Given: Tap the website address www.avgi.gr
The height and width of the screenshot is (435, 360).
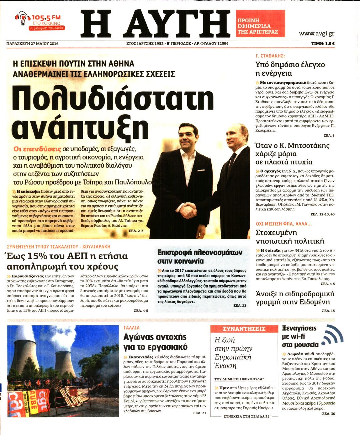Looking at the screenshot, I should tap(316, 34).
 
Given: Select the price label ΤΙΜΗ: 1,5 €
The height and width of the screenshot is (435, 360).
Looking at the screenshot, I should tap(323, 44).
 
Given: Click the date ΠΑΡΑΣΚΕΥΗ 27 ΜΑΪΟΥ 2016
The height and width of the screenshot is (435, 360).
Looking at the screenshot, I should tap(32, 44).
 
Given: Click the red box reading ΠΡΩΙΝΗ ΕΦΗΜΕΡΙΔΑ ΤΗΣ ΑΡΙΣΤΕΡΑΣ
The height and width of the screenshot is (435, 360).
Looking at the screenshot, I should tap(260, 24).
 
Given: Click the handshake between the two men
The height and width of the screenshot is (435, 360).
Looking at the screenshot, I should tap(189, 210).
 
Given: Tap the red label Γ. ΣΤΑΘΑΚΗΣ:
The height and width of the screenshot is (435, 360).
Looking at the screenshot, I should tap(270, 56).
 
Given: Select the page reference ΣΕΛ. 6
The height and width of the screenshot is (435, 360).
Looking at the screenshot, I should tap(329, 136).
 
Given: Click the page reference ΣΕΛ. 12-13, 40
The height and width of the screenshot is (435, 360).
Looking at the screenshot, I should tap(322, 214).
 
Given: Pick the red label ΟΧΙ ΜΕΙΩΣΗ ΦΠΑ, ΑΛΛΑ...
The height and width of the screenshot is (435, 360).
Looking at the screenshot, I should tap(283, 224).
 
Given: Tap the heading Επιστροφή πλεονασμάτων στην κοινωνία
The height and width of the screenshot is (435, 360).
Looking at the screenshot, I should tap(199, 257).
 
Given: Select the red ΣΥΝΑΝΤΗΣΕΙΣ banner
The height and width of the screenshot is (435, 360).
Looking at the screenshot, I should tap(244, 329).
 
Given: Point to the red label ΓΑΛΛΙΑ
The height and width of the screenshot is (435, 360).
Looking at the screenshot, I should tap(132, 328).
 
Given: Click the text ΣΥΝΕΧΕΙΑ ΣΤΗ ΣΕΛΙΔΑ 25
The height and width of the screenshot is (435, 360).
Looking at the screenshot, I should tap(246, 416).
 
